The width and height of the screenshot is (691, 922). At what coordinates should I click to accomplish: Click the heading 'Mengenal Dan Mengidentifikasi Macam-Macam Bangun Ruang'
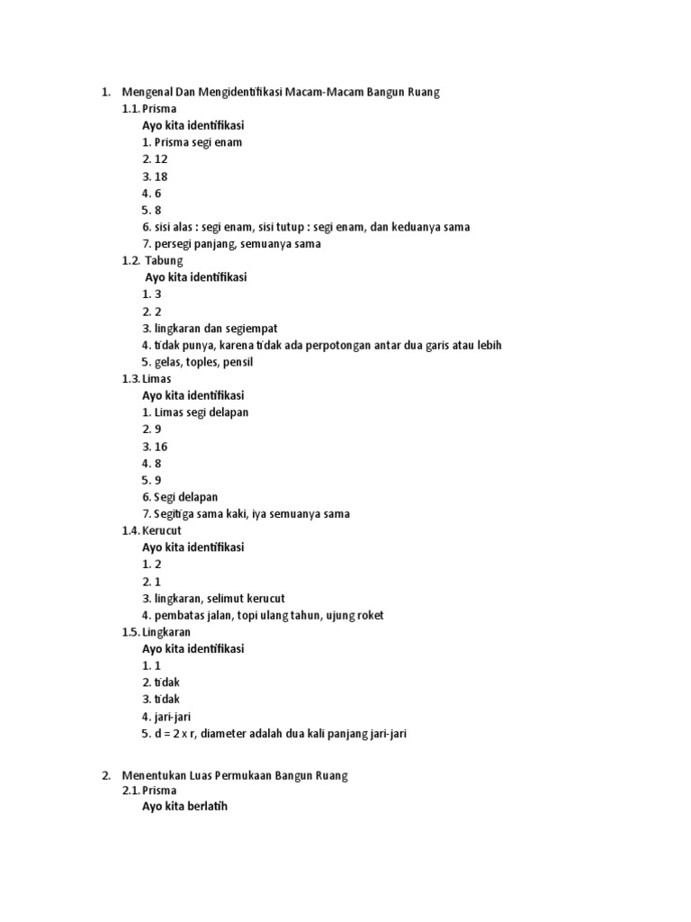coord(280,92)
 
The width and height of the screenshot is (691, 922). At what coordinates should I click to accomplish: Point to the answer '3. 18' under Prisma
coord(155,176)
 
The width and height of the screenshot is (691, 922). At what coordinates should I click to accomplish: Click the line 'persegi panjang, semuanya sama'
coord(231,243)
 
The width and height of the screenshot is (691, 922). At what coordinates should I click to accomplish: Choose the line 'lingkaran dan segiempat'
coord(216,329)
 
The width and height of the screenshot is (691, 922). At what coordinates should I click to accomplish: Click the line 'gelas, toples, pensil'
coord(197,362)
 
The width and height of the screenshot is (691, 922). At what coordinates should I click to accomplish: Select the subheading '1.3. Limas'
coord(147,379)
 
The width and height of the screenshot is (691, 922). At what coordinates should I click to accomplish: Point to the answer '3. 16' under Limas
coord(155,447)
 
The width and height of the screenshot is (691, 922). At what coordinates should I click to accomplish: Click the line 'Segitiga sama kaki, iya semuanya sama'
coord(246,514)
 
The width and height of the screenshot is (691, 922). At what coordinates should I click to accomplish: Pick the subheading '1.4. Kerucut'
coord(152,531)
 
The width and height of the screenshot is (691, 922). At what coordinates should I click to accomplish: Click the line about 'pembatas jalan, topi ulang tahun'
coord(263,616)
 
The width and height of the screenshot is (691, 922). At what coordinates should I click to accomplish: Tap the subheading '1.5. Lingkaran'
coord(157,632)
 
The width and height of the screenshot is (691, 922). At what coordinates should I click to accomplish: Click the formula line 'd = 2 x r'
coord(274,734)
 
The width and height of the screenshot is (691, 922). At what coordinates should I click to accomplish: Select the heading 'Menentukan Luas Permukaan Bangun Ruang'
coord(234,774)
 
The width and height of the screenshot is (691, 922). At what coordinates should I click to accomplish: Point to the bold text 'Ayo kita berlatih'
coord(184,807)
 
